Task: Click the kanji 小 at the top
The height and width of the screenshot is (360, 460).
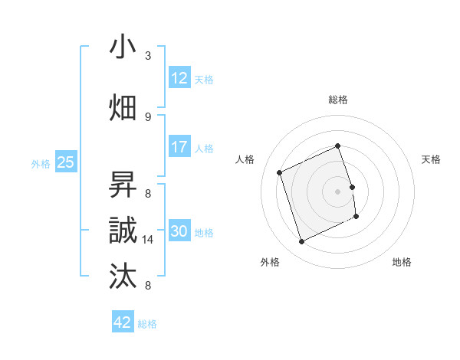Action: pyautogui.click(x=123, y=47)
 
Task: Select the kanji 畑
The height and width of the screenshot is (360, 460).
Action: pyautogui.click(x=123, y=108)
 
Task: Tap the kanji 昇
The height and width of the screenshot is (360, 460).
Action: pyautogui.click(x=123, y=185)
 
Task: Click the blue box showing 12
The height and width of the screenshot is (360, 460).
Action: pyautogui.click(x=179, y=77)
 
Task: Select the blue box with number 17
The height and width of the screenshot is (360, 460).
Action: pyautogui.click(x=179, y=146)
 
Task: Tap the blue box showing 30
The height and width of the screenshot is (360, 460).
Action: pyautogui.click(x=179, y=231)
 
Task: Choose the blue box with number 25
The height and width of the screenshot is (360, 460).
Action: pyautogui.click(x=66, y=162)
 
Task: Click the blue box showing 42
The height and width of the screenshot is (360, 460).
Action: pyautogui.click(x=123, y=322)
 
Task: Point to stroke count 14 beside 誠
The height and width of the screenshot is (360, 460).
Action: pyautogui.click(x=149, y=240)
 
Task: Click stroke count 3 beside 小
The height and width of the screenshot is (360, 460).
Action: pyautogui.click(x=148, y=56)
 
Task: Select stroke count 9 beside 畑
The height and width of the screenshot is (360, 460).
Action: pyautogui.click(x=148, y=116)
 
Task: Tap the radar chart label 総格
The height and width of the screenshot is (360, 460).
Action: pyautogui.click(x=338, y=100)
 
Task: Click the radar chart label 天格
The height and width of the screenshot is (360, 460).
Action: pyautogui.click(x=432, y=159)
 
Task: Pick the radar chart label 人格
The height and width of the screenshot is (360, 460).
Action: pyautogui.click(x=245, y=159)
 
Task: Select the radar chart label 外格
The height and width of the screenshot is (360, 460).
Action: pyautogui.click(x=269, y=262)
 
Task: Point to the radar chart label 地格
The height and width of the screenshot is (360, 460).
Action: pyautogui.click(x=402, y=262)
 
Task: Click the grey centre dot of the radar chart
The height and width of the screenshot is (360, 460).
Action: pyautogui.click(x=338, y=191)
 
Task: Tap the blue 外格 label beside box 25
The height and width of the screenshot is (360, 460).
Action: pyautogui.click(x=41, y=163)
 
